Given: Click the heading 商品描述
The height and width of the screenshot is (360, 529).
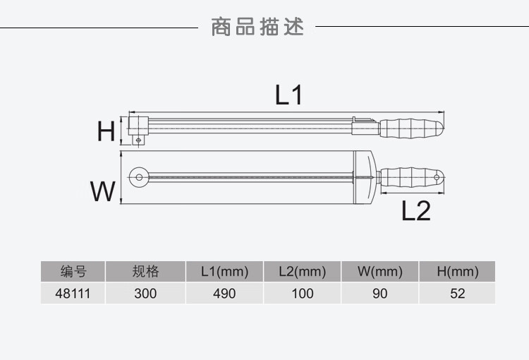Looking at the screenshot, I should point(258,28).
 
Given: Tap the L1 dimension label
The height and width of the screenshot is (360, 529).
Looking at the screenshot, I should point(288,95).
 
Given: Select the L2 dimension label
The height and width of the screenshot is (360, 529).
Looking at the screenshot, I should point(416,210).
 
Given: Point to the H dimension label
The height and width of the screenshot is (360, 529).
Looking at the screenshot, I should point(106,131).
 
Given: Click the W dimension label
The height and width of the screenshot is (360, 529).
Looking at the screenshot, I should point(103,191).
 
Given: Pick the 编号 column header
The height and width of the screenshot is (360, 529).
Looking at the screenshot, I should point(73,272).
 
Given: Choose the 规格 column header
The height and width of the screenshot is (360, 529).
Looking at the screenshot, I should point(145,272).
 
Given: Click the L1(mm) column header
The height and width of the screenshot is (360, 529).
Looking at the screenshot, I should point(224,272).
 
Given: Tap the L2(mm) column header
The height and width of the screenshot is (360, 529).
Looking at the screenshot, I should point(302,272).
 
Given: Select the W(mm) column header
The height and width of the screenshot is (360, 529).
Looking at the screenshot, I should point(379,272).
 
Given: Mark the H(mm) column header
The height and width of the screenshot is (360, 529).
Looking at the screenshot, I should point(457,272).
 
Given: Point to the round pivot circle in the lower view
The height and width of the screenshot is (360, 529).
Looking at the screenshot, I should point(140,176).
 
